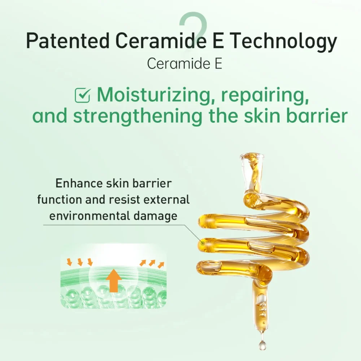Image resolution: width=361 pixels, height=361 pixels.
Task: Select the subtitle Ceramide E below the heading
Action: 184,64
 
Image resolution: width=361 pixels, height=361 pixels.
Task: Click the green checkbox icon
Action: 83,95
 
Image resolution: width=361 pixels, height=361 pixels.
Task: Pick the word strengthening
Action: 138,117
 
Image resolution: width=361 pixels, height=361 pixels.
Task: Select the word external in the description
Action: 166,199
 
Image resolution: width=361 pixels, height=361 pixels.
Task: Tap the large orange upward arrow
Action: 114,280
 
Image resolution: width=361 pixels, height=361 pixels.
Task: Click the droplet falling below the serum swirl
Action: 262,345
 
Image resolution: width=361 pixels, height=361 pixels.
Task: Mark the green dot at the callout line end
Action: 203,243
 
